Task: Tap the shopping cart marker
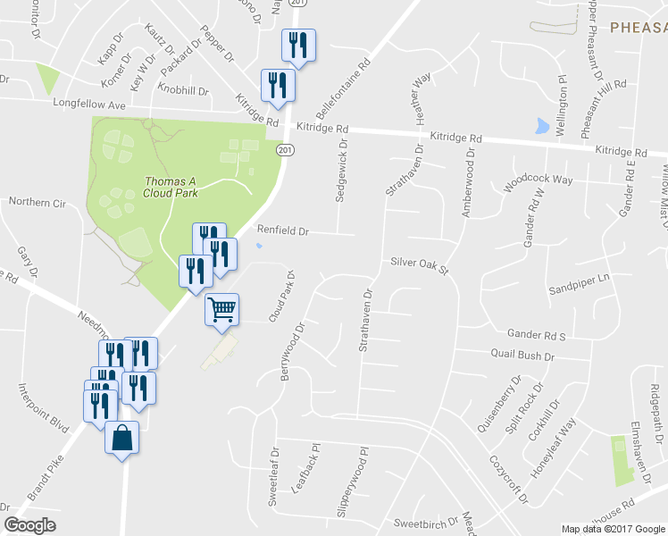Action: (222, 310)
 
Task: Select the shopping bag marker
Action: (122, 439)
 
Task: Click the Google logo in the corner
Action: (29, 525)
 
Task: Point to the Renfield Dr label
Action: (282, 230)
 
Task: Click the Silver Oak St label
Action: (417, 263)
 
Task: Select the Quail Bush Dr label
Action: (522, 356)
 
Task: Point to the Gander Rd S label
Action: (536, 335)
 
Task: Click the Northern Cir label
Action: (38, 203)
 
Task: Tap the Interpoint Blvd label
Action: (45, 408)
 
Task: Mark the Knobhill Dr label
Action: (182, 90)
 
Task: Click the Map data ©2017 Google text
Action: (613, 529)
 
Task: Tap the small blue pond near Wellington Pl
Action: (542, 126)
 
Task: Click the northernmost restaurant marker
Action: (296, 45)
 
